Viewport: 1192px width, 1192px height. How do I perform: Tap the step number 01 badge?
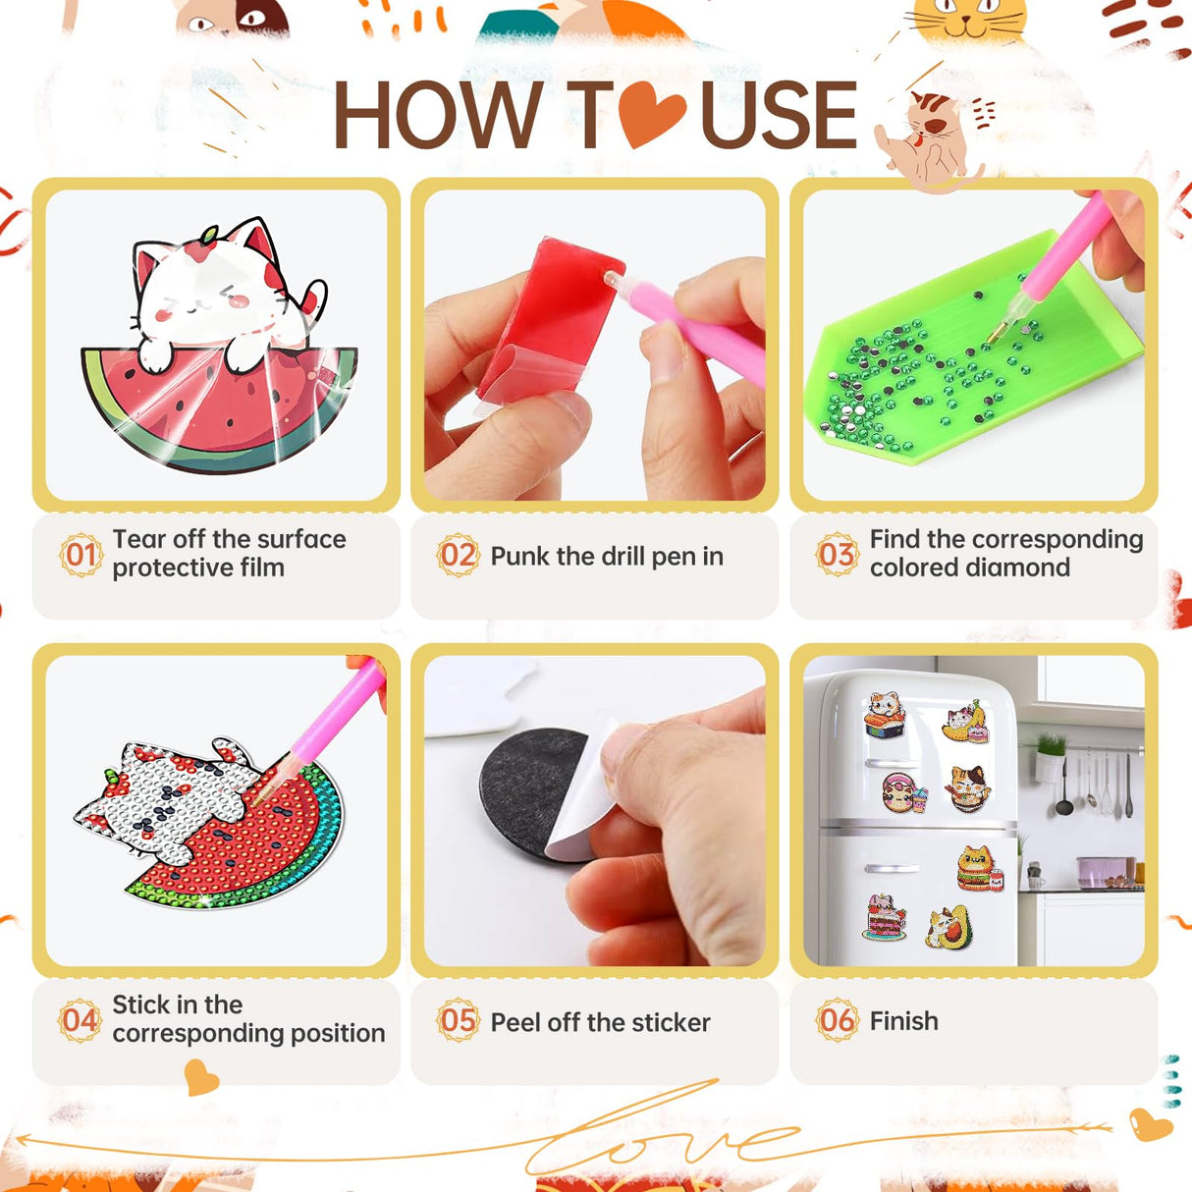pyautogui.click(x=80, y=555)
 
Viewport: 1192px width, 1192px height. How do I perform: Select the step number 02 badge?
pyautogui.click(x=458, y=556)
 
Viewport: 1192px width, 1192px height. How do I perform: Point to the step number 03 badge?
pyautogui.click(x=837, y=555)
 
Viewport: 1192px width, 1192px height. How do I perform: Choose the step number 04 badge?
pyautogui.click(x=80, y=1020)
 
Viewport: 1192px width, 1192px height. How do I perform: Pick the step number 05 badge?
pyautogui.click(x=458, y=1021)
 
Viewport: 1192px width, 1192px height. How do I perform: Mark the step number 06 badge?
pyautogui.click(x=837, y=1020)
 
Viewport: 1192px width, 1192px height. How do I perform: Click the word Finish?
pyautogui.click(x=903, y=1021)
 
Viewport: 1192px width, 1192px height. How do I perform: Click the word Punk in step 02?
pyautogui.click(x=519, y=557)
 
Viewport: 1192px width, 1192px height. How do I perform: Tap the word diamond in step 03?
pyautogui.click(x=1024, y=568)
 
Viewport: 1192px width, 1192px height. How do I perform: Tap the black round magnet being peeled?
pyautogui.click(x=530, y=786)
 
